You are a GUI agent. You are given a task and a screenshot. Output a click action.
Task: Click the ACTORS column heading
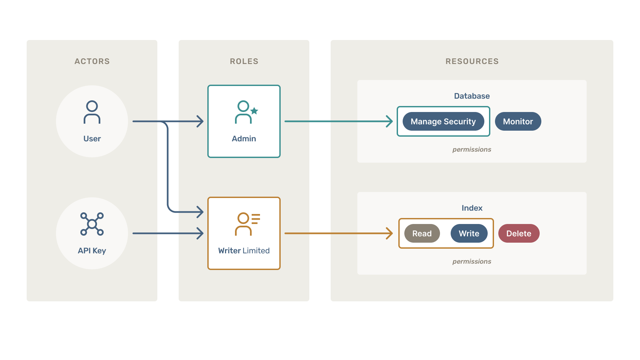[x=92, y=61]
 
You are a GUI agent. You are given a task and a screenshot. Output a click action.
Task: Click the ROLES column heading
[x=244, y=61]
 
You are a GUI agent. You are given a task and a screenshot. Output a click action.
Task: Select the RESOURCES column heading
[x=472, y=61]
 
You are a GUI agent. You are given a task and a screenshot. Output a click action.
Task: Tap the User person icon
[x=92, y=112]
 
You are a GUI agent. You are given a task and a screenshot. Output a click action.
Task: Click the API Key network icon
[x=92, y=224]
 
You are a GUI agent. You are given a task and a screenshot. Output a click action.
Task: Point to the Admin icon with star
[x=246, y=112]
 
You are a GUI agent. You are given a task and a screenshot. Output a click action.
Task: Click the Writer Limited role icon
[x=247, y=224]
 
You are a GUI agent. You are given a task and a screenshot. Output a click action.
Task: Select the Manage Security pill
[x=443, y=121]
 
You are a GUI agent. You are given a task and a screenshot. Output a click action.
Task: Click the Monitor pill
[x=518, y=121]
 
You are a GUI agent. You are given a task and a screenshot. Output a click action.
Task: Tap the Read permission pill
[x=422, y=233]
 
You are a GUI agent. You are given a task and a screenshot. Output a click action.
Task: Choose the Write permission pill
[x=469, y=233]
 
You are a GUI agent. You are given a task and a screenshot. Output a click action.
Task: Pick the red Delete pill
[x=519, y=233]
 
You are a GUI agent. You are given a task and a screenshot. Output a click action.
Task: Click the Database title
[x=472, y=96]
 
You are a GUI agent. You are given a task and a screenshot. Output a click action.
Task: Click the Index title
[x=472, y=208]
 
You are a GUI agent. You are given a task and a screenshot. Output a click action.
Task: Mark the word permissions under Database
[x=472, y=149]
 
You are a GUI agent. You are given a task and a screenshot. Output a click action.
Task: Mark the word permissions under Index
[x=472, y=261]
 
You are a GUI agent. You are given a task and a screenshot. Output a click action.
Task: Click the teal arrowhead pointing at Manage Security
[x=389, y=121]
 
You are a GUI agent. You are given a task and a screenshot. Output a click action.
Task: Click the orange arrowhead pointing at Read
[x=389, y=233]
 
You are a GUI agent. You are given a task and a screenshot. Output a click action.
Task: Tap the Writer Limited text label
[x=244, y=251]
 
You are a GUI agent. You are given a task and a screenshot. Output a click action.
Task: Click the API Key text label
[x=92, y=251]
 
